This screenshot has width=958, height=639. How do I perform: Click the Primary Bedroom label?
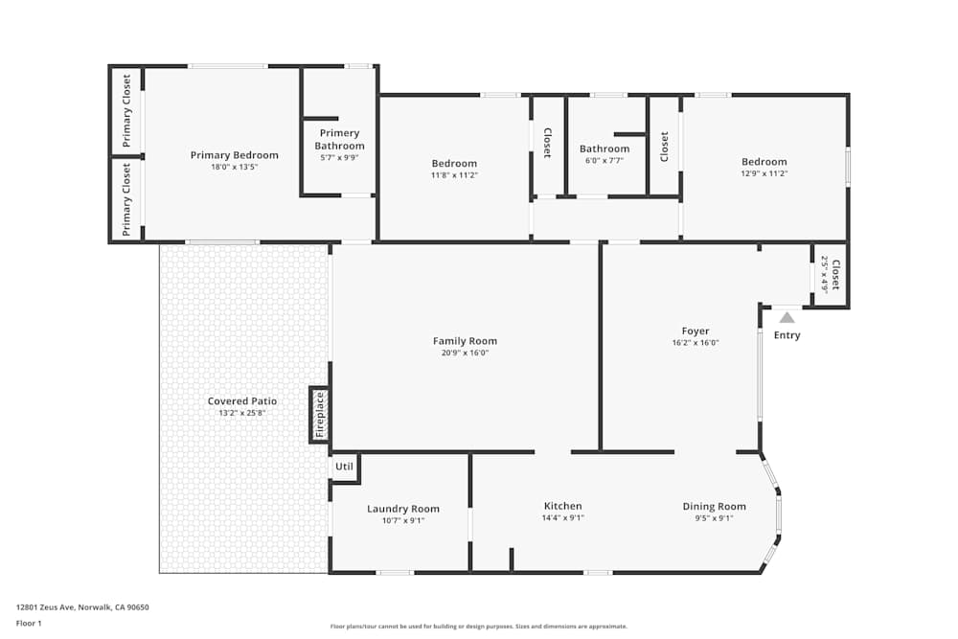click(x=234, y=155)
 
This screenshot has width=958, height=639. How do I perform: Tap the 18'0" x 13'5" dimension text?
click(x=234, y=167)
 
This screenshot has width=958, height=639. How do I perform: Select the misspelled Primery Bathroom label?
click(x=339, y=140)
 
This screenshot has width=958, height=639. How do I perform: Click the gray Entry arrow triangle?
click(x=787, y=317)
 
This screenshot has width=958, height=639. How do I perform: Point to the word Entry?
click(x=787, y=335)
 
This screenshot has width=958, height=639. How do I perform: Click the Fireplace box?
click(x=320, y=414)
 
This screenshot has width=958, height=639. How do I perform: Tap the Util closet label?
click(x=344, y=467)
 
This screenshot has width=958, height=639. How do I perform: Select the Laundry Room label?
click(x=403, y=509)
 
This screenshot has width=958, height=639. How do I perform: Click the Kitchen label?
click(x=562, y=506)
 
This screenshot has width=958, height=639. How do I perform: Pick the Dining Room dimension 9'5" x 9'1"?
click(x=714, y=518)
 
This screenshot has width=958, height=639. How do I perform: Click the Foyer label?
click(x=696, y=331)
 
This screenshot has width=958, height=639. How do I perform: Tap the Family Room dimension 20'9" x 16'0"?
click(x=465, y=353)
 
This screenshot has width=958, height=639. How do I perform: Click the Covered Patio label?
click(x=242, y=401)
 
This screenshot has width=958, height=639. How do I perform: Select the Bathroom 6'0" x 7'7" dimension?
click(x=604, y=160)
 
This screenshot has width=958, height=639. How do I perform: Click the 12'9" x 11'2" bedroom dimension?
click(x=764, y=173)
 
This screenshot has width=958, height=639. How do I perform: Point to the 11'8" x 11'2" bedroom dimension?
click(x=454, y=175)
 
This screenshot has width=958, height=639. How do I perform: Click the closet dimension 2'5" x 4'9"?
click(x=824, y=274)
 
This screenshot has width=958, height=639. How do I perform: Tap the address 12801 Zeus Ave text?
click(x=82, y=606)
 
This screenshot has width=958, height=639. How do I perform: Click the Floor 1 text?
click(x=30, y=623)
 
